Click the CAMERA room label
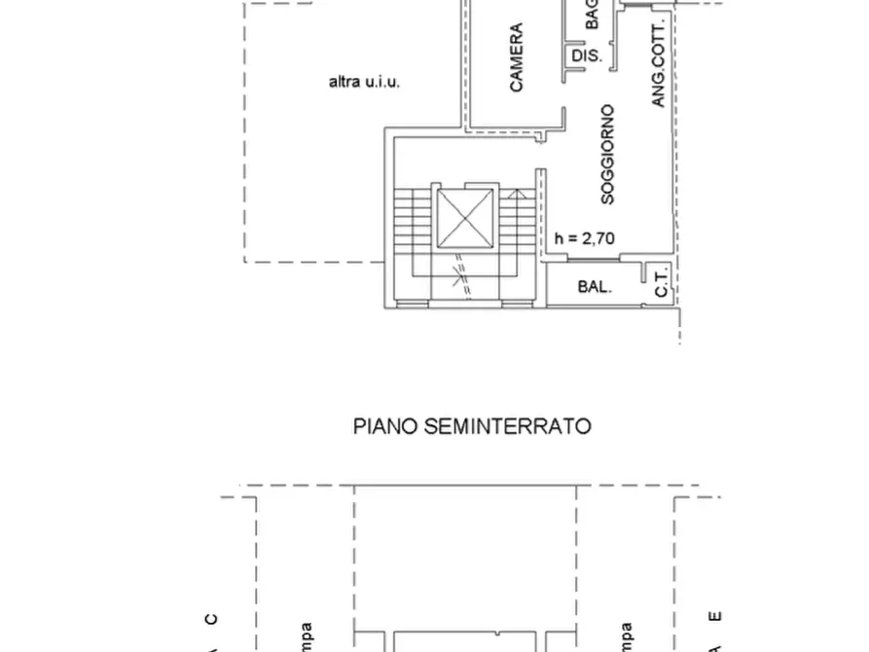[516, 58]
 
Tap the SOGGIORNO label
[607, 154]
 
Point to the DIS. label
[587, 56]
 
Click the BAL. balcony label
[595, 287]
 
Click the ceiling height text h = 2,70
[584, 237]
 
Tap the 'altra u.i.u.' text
[365, 83]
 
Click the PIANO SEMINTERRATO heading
[472, 426]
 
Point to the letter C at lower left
[211, 619]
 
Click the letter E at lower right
[715, 616]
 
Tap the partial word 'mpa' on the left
[306, 637]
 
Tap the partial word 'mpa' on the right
[626, 637]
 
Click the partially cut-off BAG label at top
[591, 15]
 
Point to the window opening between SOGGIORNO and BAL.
[583, 260]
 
